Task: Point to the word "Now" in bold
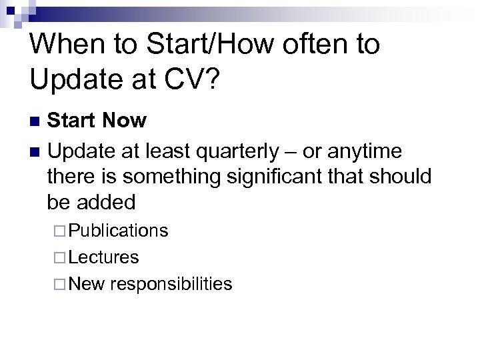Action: point(124,121)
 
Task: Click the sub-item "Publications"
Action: point(118,231)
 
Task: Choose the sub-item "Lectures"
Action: point(103,257)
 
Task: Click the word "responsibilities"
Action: point(172,284)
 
